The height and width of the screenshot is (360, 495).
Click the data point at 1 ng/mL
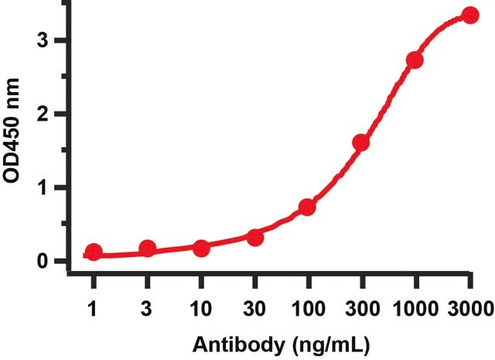pyautogui.click(x=94, y=252)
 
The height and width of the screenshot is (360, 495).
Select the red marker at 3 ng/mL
pyautogui.click(x=148, y=249)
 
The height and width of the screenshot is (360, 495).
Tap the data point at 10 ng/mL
pyautogui.click(x=201, y=249)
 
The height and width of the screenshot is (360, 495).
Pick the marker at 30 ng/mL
pyautogui.click(x=255, y=238)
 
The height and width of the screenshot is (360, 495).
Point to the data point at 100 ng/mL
pyautogui.click(x=307, y=207)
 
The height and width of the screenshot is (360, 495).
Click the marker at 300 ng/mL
pyautogui.click(x=361, y=142)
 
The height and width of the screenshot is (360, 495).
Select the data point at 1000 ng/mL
pyautogui.click(x=415, y=60)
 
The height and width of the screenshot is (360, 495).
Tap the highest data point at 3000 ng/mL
pyautogui.click(x=470, y=15)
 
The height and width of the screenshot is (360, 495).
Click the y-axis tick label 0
pyautogui.click(x=42, y=261)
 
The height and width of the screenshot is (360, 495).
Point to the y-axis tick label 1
pyautogui.click(x=42, y=188)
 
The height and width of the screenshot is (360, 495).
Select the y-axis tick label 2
pyautogui.click(x=42, y=114)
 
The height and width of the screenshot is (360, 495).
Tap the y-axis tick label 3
pyautogui.click(x=42, y=41)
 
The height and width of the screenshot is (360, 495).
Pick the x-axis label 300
pyautogui.click(x=363, y=308)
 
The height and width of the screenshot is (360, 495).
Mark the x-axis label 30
pyautogui.click(x=254, y=308)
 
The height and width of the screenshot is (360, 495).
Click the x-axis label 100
pyautogui.click(x=309, y=308)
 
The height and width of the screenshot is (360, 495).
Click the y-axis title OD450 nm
pyautogui.click(x=12, y=131)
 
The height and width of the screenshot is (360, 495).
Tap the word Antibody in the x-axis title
pyautogui.click(x=238, y=345)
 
